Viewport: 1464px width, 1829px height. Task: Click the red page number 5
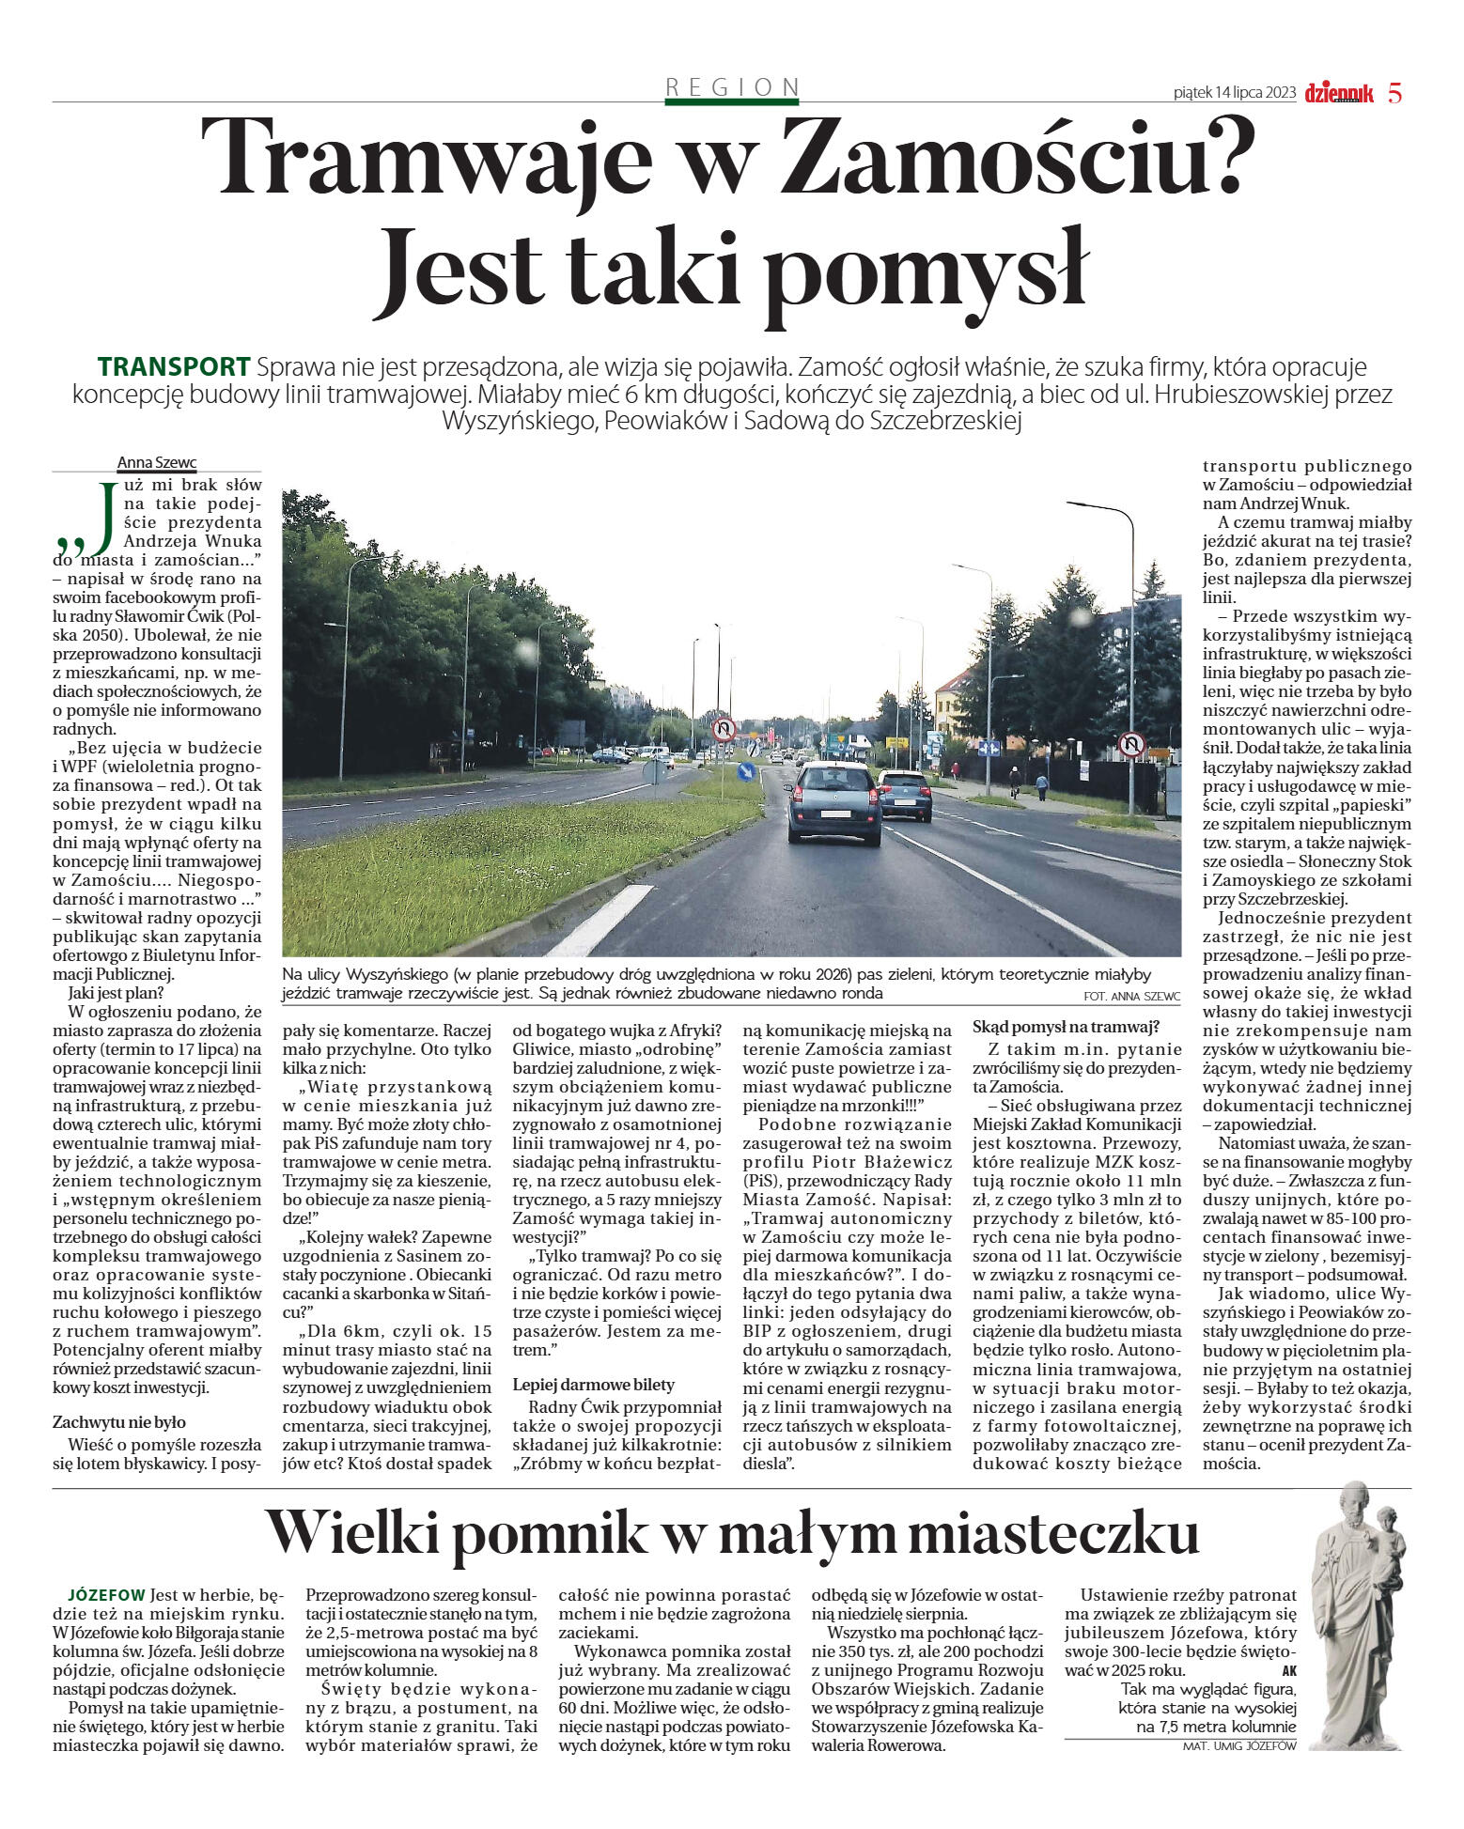(1394, 93)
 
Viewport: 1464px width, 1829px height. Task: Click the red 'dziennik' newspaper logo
(1339, 93)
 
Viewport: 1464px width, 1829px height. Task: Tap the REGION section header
(732, 87)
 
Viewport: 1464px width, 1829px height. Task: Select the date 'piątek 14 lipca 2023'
(1235, 93)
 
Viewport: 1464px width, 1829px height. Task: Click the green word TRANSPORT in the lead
(174, 366)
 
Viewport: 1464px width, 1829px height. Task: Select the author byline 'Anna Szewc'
(157, 462)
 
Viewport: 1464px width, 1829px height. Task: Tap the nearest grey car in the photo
(833, 802)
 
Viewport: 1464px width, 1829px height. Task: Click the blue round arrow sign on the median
(745, 772)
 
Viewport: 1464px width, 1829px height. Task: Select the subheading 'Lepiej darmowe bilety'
(594, 1385)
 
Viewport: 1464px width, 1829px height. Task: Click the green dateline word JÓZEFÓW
(106, 1595)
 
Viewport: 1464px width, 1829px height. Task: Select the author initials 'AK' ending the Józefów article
(1288, 1670)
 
